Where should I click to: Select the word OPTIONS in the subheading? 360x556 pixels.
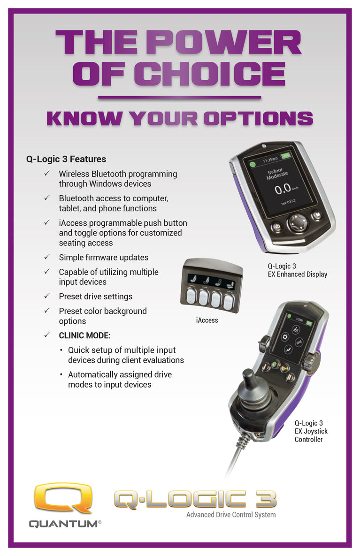tap(258, 118)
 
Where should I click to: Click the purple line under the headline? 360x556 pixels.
tap(179, 97)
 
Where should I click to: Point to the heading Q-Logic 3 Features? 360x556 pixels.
tap(66, 159)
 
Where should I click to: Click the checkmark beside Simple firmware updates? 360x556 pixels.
tap(47, 257)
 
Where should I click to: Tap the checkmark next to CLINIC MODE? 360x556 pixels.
tap(47, 335)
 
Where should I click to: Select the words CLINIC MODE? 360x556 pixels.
tap(84, 335)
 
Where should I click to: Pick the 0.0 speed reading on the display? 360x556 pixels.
tap(283, 189)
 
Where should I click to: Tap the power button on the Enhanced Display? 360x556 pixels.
tap(277, 226)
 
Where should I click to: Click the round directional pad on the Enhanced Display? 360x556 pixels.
tap(297, 222)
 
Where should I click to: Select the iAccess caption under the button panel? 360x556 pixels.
tap(207, 320)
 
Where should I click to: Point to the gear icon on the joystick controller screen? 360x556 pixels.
tap(285, 337)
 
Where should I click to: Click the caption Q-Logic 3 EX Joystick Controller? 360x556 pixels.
tap(311, 431)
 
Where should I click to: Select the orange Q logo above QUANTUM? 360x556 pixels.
tap(63, 497)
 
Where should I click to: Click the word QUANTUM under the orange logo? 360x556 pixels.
tap(63, 524)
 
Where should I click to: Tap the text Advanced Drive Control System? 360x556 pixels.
tap(231, 515)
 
